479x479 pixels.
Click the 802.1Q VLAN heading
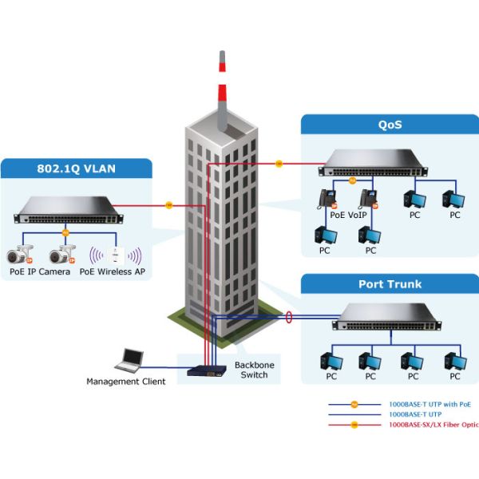pos(77,169)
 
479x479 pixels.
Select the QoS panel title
pos(390,125)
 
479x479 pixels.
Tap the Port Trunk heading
pos(390,284)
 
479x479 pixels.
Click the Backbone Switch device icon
pos(208,370)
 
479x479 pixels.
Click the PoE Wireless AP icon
pos(115,255)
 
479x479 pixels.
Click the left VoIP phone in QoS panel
pos(327,198)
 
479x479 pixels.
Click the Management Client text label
pos(126,382)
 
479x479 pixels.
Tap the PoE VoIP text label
pos(348,215)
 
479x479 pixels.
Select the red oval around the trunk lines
pos(289,318)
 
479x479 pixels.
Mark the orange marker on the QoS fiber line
pos(279,164)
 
